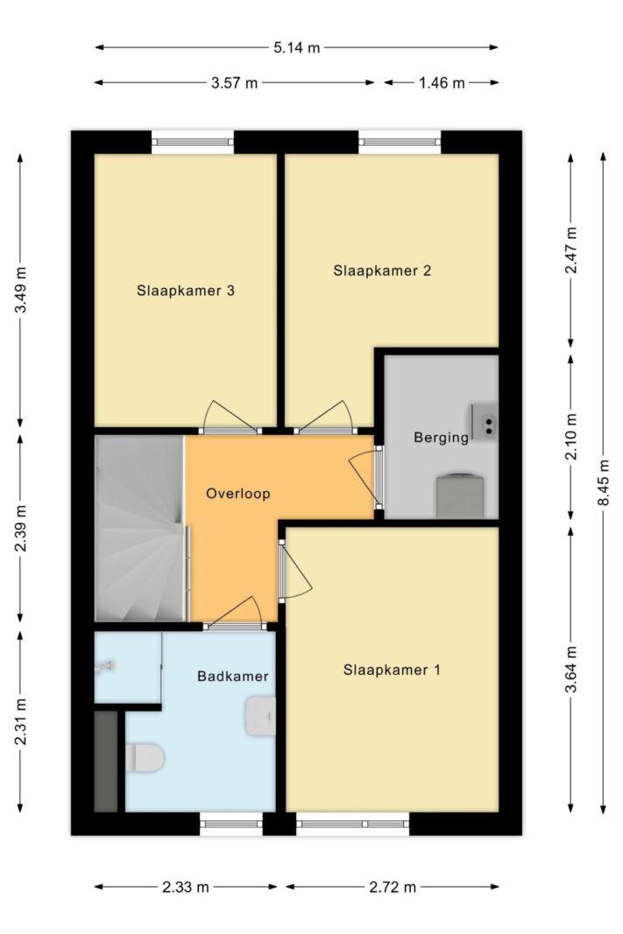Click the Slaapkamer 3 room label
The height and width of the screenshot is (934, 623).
[x=186, y=291]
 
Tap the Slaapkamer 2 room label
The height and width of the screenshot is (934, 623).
[x=382, y=271]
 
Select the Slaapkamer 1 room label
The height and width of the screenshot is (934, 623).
[x=392, y=671]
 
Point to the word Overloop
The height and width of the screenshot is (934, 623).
[x=237, y=494]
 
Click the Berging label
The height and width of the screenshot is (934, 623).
[x=441, y=438]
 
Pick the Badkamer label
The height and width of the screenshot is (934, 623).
[x=233, y=677]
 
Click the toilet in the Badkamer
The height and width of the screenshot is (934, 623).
[x=145, y=757]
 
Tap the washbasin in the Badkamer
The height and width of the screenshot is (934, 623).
[x=260, y=716]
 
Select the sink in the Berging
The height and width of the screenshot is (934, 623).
[x=484, y=420]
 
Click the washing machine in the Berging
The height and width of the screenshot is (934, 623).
[x=460, y=495]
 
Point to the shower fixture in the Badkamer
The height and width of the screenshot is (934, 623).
[x=104, y=667]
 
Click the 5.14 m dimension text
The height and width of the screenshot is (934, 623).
[x=297, y=47]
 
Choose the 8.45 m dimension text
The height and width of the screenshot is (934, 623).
[x=604, y=483]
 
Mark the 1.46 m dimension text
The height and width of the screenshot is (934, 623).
[x=441, y=83]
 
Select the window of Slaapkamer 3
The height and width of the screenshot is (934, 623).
[x=192, y=142]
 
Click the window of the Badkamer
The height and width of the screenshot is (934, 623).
[x=231, y=825]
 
